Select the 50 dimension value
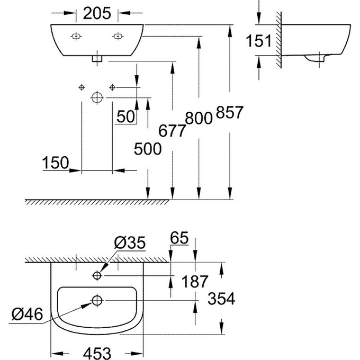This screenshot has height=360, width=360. click(125, 117)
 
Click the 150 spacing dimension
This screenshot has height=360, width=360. click(56, 163)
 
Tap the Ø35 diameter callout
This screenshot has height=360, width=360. click(129, 244)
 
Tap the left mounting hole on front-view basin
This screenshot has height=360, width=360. click(76, 36)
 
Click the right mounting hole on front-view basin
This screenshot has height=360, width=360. click(118, 36)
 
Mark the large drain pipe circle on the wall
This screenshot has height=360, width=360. click(97, 97)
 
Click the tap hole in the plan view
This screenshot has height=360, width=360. click(97, 275)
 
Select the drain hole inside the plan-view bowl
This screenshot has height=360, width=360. click(97, 301)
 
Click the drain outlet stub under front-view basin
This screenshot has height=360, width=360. click(97, 59)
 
